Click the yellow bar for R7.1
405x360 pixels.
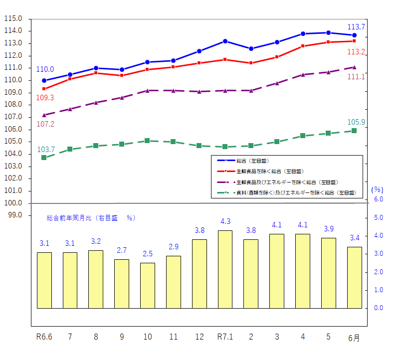225,269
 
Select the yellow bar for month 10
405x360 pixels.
148,285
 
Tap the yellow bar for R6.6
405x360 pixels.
44,280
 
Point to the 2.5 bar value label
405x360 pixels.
148,254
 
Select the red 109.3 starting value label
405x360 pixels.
45,98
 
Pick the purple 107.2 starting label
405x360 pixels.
45,124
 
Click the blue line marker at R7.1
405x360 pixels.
225,41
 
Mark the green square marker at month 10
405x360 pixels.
148,141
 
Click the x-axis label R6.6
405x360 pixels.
44,337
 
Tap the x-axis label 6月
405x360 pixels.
354,338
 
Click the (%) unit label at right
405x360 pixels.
377,189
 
